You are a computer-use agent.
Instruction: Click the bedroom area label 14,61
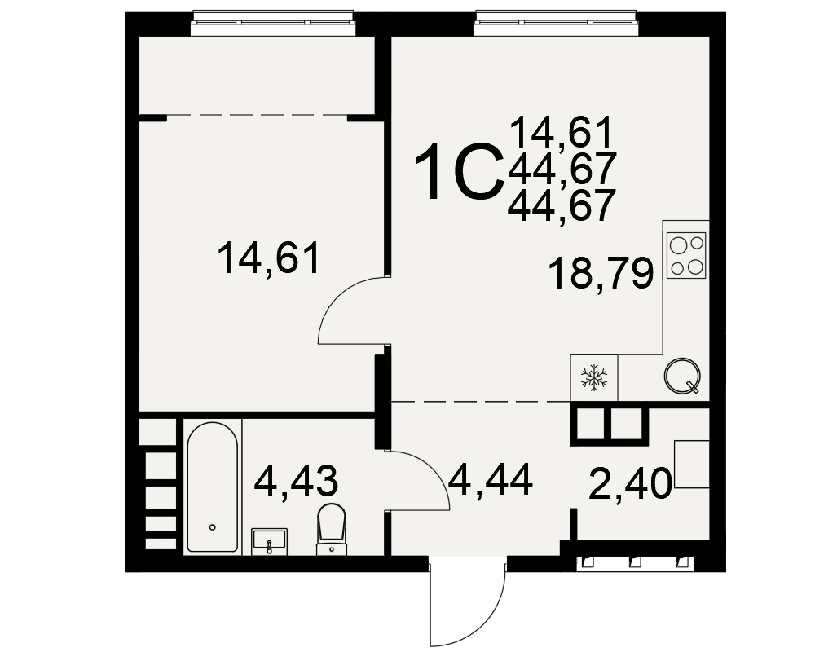tap(268, 259)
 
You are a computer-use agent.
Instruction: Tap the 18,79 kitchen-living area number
tap(601, 274)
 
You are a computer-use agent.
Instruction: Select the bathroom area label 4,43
tap(296, 481)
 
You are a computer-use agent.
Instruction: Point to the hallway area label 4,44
tap(491, 480)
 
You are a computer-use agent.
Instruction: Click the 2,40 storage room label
tap(631, 483)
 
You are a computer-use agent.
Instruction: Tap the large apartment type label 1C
tap(460, 172)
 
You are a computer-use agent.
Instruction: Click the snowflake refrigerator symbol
tap(593, 377)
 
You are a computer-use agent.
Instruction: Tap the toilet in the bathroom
tap(331, 529)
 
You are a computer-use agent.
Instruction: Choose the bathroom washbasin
tap(269, 542)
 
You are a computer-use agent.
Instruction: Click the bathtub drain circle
tap(212, 527)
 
